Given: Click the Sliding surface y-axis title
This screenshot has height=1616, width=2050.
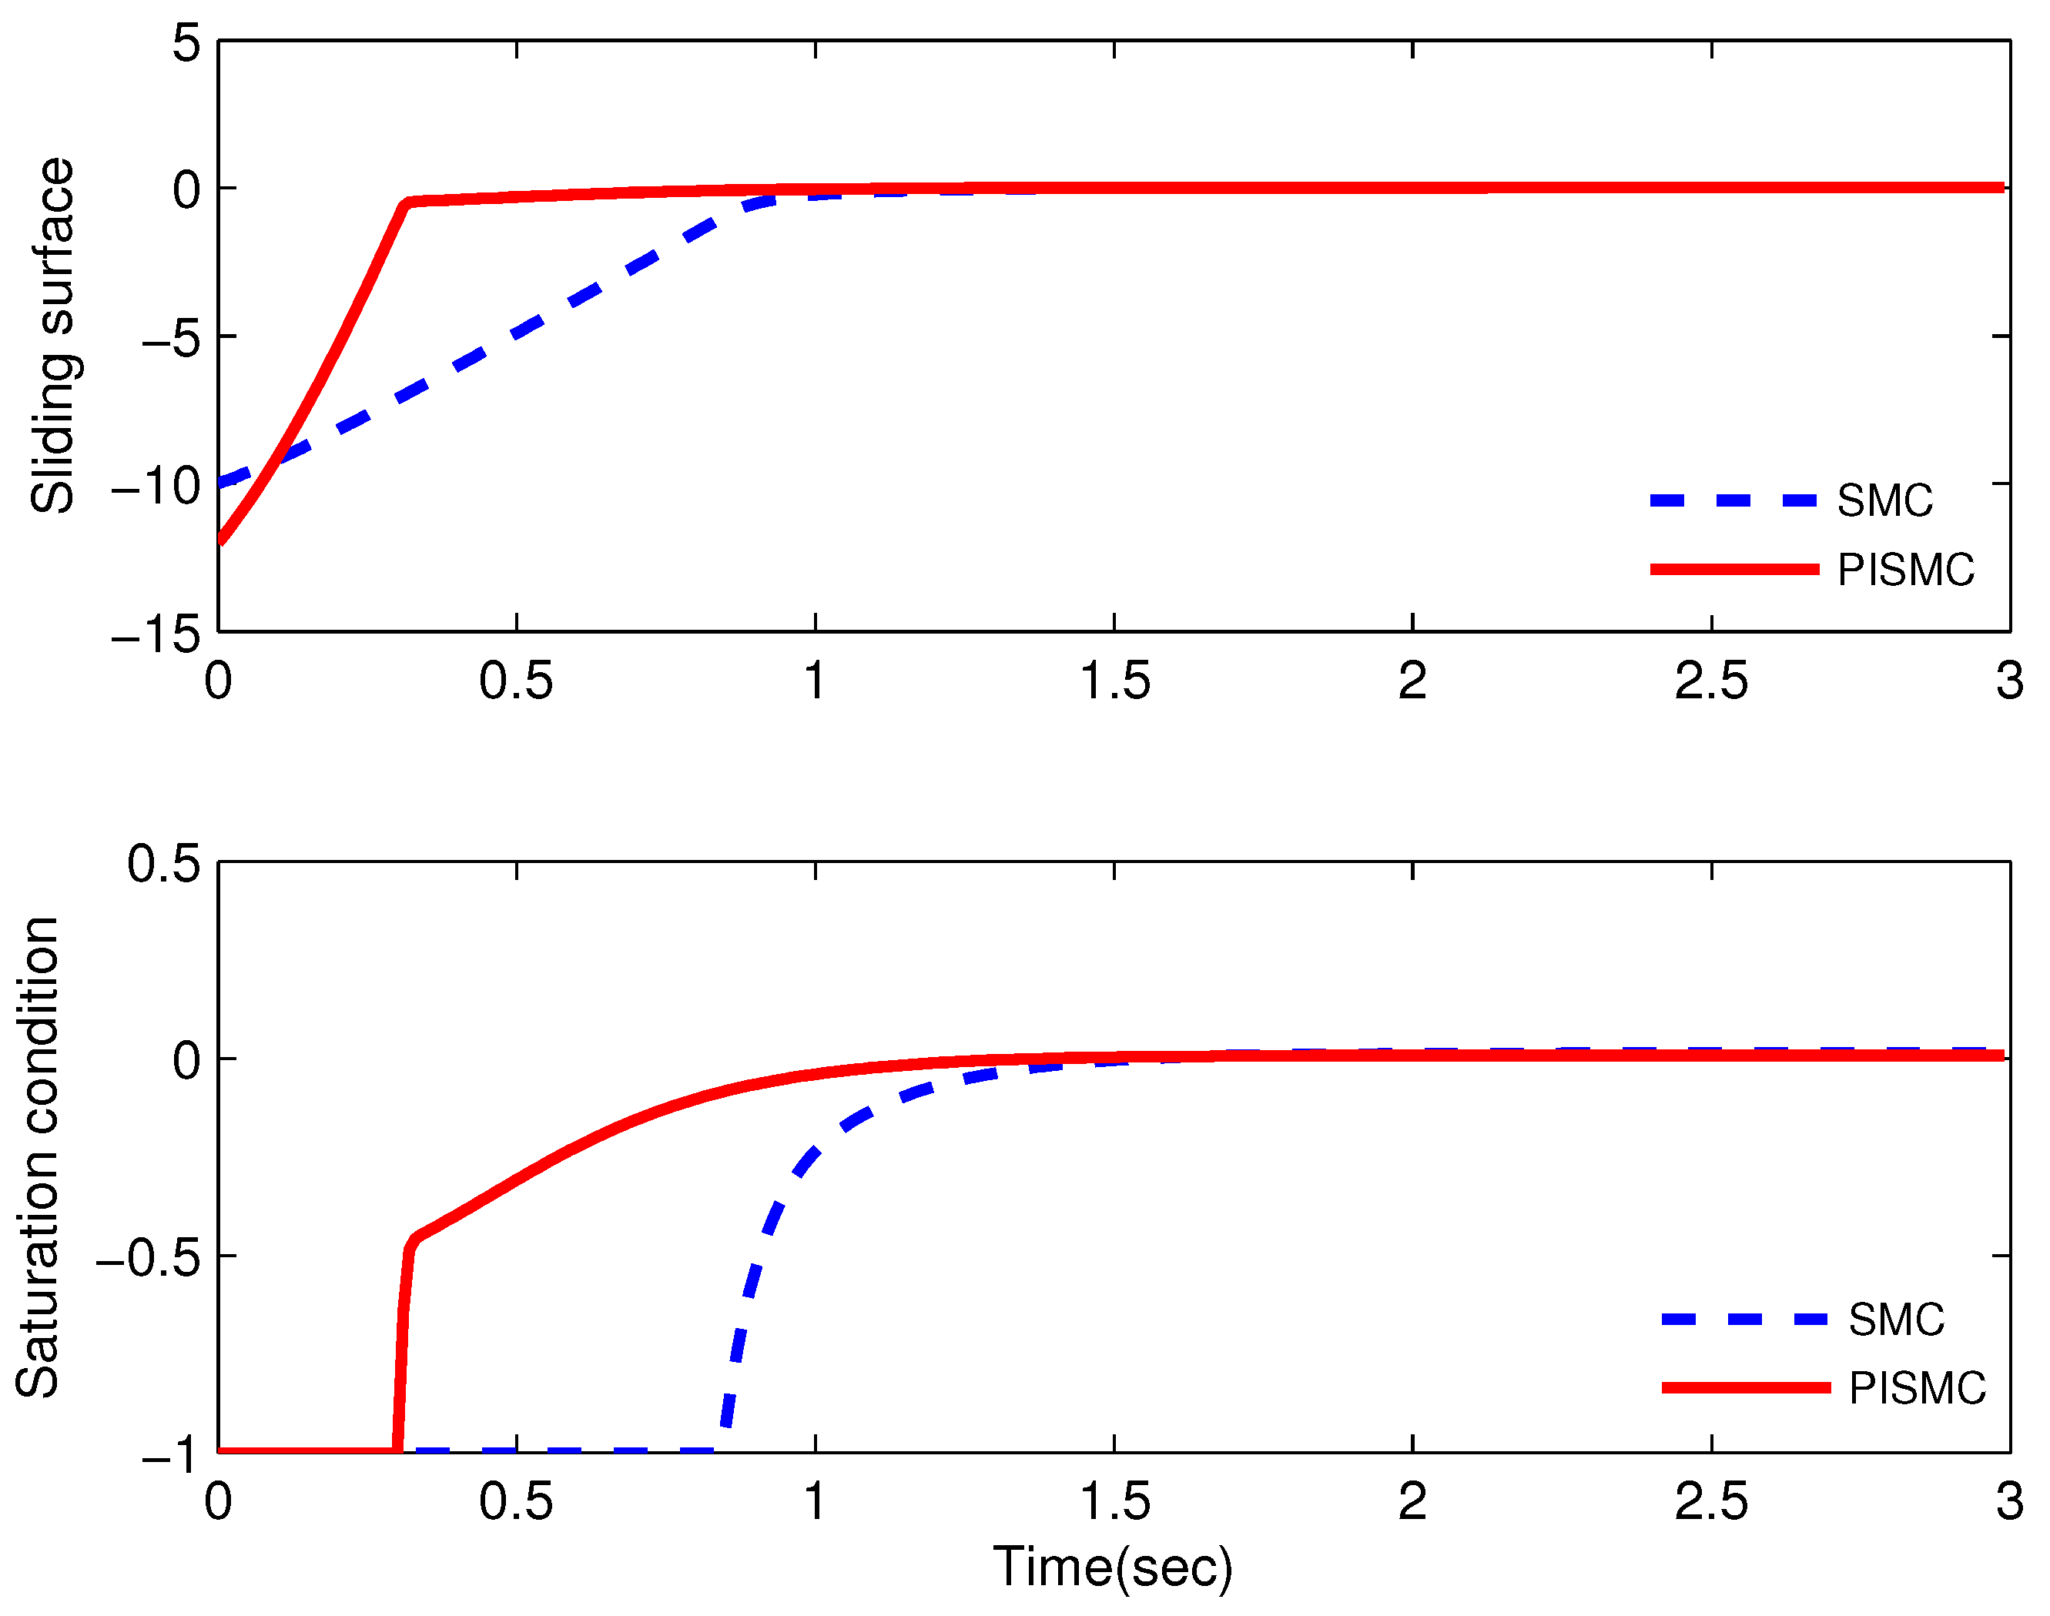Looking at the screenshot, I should click(53, 336).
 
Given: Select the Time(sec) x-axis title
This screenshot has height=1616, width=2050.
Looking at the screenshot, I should click(1113, 1567).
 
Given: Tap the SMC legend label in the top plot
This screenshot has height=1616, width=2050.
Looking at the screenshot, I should click(1884, 500).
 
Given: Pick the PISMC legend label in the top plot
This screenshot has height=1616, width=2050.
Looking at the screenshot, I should click(1905, 570).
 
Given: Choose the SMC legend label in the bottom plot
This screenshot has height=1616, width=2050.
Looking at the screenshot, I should click(1896, 1320).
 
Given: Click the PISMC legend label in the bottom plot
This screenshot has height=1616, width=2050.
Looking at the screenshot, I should click(1917, 1389).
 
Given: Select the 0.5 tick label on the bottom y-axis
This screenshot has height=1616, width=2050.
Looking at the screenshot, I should click(164, 864).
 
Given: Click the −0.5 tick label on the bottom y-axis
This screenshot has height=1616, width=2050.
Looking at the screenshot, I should click(149, 1257).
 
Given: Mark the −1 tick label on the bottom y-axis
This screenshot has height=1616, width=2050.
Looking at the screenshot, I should click(170, 1454).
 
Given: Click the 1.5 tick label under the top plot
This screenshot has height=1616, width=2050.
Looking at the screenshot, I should click(1115, 681).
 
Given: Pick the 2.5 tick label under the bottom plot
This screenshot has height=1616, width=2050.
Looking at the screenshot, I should click(1711, 1503).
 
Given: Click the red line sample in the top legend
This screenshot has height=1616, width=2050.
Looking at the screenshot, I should click(1734, 570).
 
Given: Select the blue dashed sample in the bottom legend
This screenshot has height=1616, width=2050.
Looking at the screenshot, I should click(1745, 1320).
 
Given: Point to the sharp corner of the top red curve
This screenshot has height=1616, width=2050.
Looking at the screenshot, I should click(407, 202).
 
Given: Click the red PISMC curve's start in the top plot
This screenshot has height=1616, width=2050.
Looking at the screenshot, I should click(220, 540).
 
